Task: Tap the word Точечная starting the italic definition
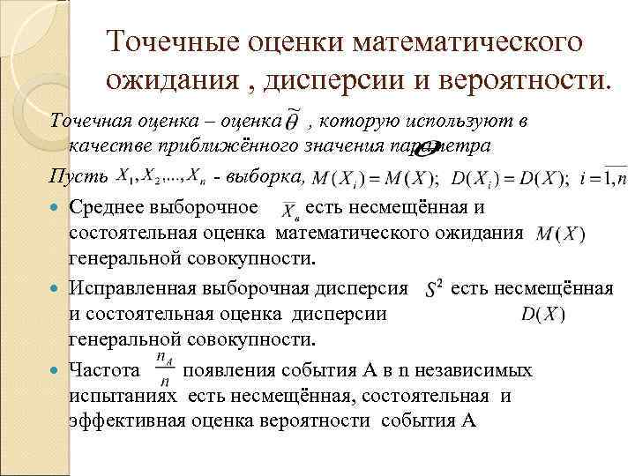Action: click(88, 121)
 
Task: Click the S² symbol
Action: click(433, 289)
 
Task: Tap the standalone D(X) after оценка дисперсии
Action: click(543, 314)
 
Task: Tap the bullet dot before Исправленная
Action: click(58, 288)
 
